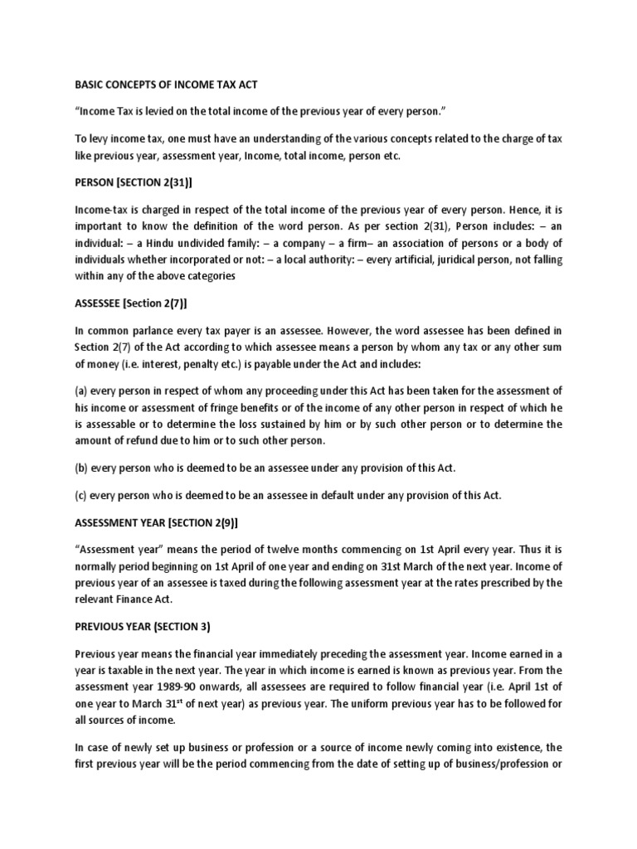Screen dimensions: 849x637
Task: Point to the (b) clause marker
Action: click(81, 468)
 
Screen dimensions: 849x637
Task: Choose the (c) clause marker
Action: click(81, 495)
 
